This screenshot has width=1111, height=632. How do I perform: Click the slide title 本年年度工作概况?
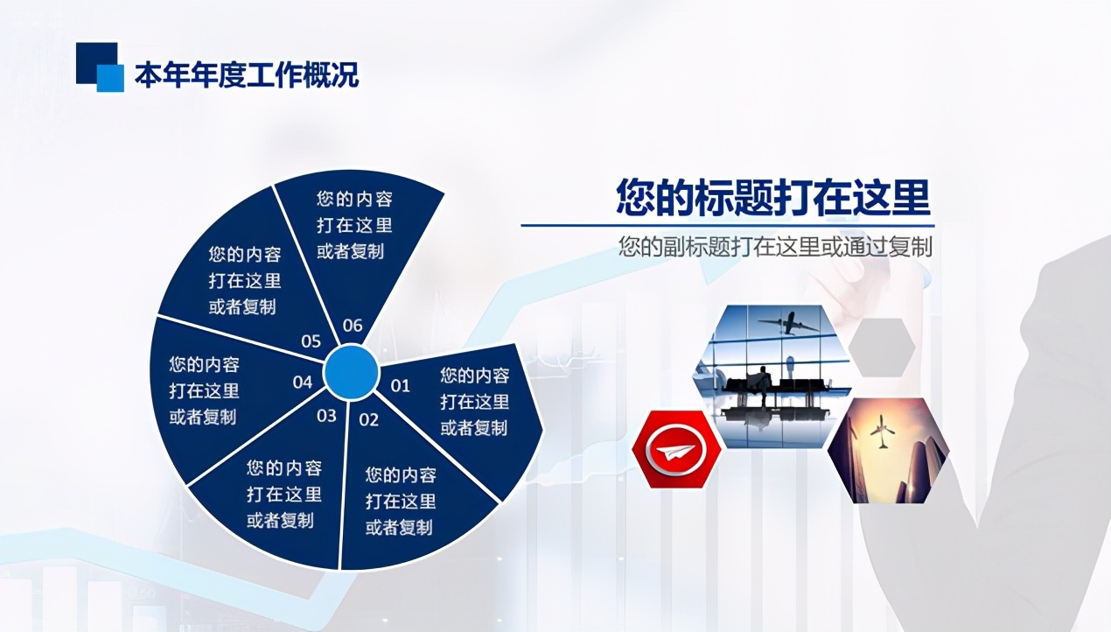(x=246, y=76)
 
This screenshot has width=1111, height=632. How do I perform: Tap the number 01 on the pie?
(x=400, y=385)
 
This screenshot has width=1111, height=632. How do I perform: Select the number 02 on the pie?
(x=369, y=419)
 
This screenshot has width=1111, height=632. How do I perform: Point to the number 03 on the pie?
(x=326, y=415)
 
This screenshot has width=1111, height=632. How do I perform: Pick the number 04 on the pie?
(x=303, y=382)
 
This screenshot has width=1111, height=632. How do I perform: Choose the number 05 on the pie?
(x=311, y=341)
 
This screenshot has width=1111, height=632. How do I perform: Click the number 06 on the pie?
(x=352, y=326)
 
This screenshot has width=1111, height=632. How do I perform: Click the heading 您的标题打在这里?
(x=772, y=197)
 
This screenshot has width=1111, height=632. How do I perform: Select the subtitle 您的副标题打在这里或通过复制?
(x=775, y=247)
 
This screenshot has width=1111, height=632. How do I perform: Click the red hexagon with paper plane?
(x=676, y=450)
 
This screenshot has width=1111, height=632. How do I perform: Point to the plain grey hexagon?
(x=882, y=348)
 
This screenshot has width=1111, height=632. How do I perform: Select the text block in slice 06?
(x=354, y=225)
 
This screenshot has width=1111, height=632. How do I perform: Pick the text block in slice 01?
(x=474, y=402)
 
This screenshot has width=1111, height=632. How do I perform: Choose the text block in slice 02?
(x=400, y=502)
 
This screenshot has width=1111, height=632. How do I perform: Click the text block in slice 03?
(x=283, y=494)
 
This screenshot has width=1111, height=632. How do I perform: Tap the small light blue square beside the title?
(x=110, y=79)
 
